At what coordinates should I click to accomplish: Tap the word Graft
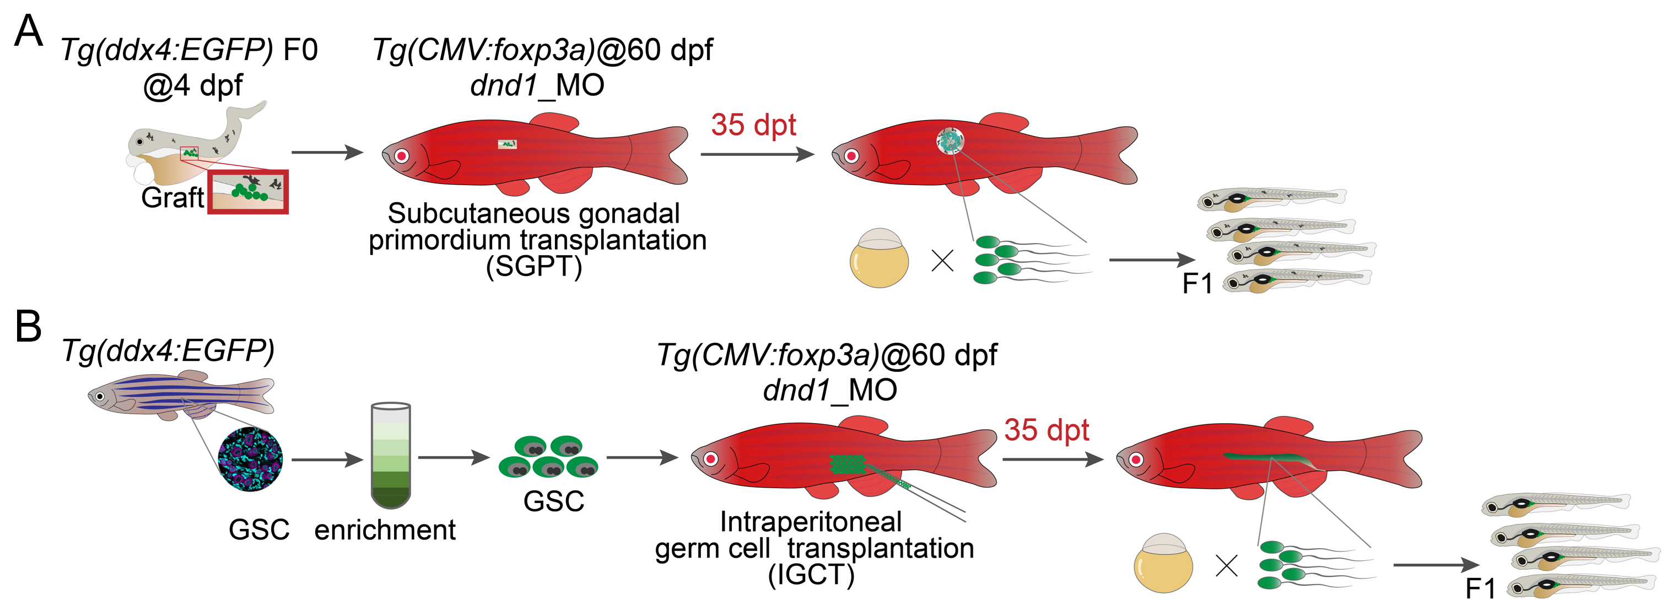[x=172, y=197]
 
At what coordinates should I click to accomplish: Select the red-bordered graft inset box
[x=248, y=192]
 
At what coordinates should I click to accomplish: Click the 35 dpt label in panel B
[x=1046, y=430]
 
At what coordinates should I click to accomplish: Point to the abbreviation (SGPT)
[x=534, y=266]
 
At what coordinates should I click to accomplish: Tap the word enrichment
[x=385, y=530]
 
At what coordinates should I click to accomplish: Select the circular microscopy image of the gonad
[x=250, y=459]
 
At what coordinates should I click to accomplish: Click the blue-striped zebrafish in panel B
[x=181, y=395]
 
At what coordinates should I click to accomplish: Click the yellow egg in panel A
[x=878, y=257]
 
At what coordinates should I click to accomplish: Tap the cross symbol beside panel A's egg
[x=942, y=261]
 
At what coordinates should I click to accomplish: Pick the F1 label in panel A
[x=1196, y=283]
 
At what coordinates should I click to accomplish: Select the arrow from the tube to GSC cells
[x=454, y=457]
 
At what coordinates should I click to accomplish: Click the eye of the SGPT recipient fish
[x=401, y=155]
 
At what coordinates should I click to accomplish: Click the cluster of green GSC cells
[x=549, y=457]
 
